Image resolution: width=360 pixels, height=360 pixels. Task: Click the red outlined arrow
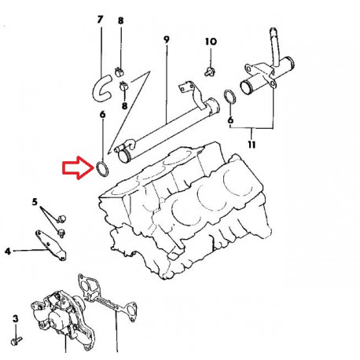[x=76, y=167]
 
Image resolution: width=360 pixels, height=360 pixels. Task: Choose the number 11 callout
[x=250, y=145]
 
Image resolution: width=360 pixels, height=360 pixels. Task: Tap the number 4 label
[x=7, y=252]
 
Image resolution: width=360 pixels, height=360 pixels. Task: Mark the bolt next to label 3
[x=16, y=341]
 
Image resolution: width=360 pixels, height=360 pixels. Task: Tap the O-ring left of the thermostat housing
[x=228, y=97]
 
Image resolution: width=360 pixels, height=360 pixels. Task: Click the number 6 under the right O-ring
[x=230, y=120]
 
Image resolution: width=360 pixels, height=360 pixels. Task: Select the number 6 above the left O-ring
[x=101, y=115]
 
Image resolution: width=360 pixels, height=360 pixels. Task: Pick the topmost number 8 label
[x=120, y=20]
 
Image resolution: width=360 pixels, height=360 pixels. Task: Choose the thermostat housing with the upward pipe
[x=263, y=75]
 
